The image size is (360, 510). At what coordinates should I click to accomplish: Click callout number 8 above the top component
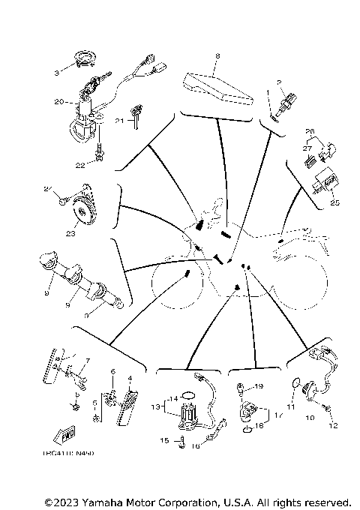[217, 56]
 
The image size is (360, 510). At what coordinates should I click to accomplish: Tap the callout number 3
[55, 73]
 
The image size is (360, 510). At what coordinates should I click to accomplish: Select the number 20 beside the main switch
[58, 100]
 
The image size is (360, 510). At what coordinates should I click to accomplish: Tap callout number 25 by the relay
[334, 202]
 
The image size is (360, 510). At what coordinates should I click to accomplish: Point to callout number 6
[112, 370]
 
